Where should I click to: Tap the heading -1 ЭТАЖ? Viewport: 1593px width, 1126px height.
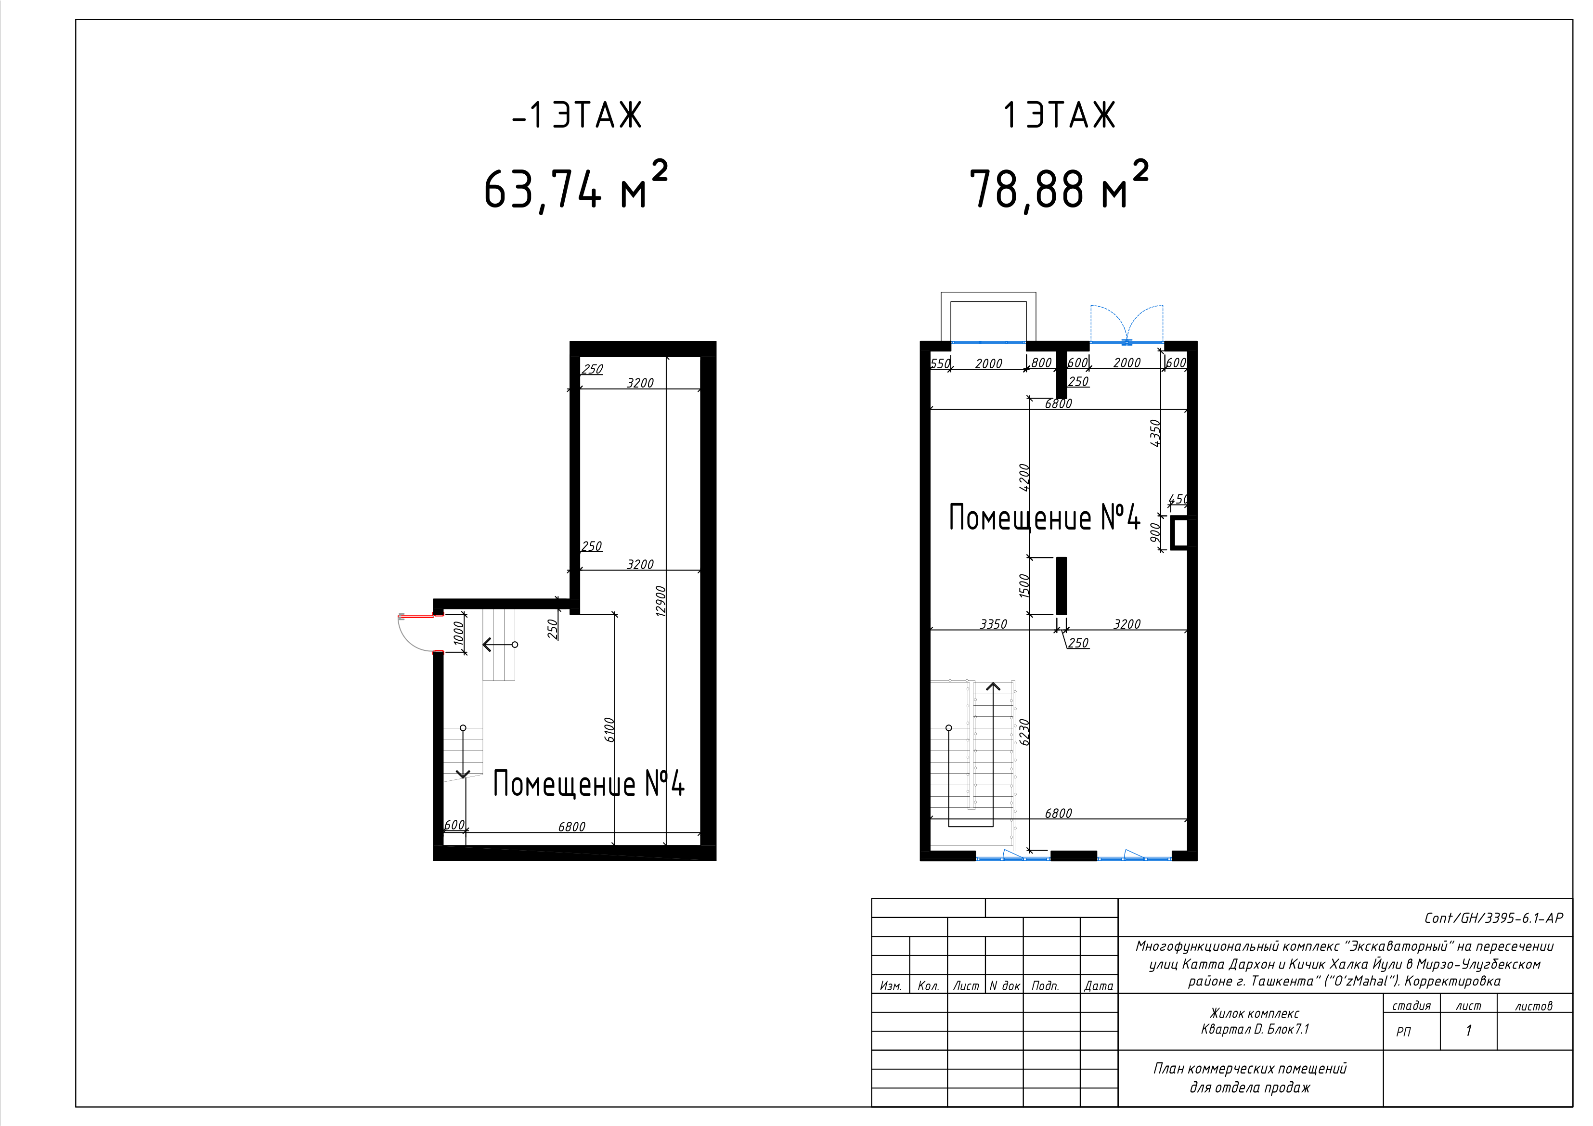tap(577, 115)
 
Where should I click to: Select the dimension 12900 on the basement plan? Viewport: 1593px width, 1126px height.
tap(661, 600)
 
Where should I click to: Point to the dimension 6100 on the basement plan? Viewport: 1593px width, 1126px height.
tap(609, 730)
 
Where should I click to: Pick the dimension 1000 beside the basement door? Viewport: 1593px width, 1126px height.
tap(458, 634)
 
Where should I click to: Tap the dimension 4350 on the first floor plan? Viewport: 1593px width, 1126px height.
tap(1154, 433)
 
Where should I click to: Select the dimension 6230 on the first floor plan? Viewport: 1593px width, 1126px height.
tap(1023, 732)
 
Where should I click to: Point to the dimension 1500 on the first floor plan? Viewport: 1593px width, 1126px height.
tap(1024, 585)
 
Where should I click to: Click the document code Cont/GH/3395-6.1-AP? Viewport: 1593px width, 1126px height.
tap(1493, 918)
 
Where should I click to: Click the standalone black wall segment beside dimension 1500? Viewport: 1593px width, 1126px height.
tap(1061, 585)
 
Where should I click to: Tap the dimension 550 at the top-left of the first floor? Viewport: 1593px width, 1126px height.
tap(940, 363)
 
